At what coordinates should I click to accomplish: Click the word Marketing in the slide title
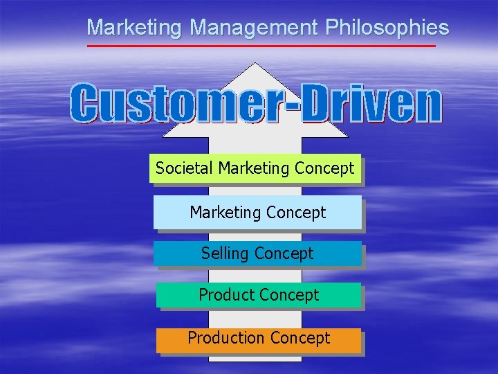(x=135, y=28)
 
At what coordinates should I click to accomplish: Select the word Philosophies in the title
(x=387, y=28)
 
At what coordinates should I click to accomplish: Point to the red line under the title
(x=261, y=46)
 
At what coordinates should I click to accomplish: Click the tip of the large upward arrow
(x=256, y=64)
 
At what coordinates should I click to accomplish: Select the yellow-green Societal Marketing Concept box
(x=255, y=168)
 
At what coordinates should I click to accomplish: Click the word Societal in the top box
(x=184, y=168)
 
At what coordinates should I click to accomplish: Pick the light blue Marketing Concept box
(x=257, y=213)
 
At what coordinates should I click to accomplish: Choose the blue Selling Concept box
(x=257, y=253)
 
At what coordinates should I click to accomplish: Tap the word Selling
(x=224, y=253)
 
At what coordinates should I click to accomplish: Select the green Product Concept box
(x=259, y=295)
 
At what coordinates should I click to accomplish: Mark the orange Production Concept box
(x=259, y=339)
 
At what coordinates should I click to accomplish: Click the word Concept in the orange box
(x=300, y=338)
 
